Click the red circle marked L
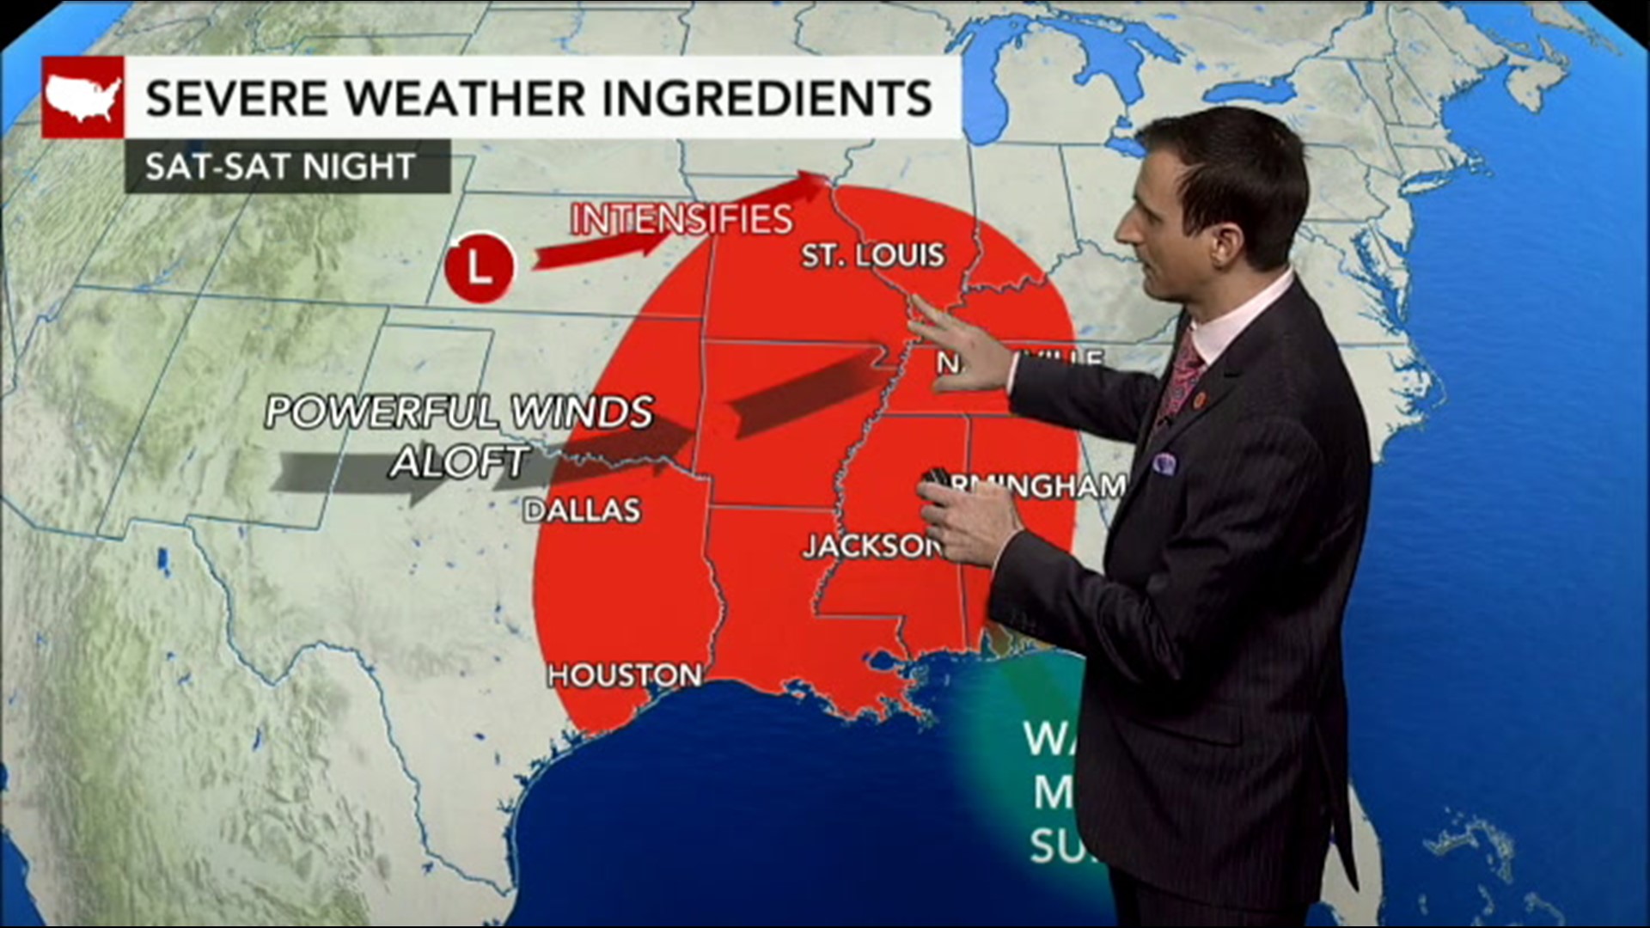coord(480,268)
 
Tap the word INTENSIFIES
coord(681,220)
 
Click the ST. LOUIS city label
coord(872,255)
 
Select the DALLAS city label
coord(583,510)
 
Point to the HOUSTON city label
coord(625,675)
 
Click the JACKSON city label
coord(870,546)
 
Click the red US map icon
coord(82,97)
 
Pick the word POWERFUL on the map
coord(386,412)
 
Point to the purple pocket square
coord(1164,464)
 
